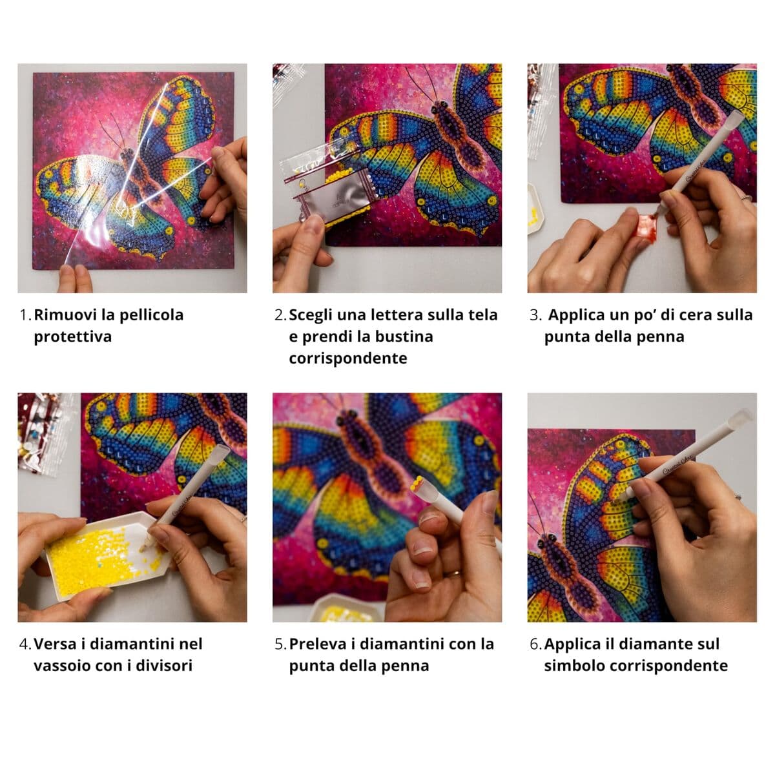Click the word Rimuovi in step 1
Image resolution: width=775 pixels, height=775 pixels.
(65, 315)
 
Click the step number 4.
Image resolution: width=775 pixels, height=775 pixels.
(25, 644)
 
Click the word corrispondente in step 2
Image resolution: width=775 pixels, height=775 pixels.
(347, 358)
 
